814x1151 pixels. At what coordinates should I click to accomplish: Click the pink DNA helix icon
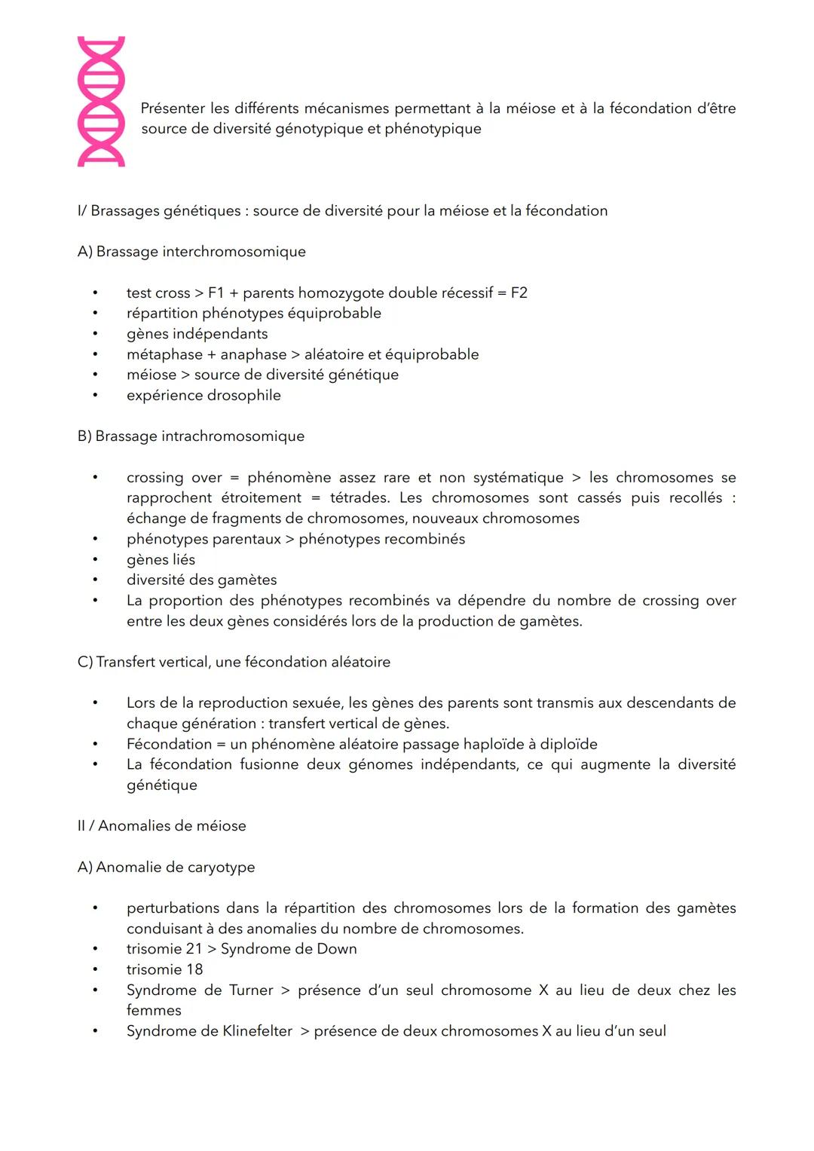[101, 102]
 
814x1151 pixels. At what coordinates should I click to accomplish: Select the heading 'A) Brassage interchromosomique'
[191, 252]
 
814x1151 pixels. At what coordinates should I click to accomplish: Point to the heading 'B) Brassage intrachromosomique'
[191, 436]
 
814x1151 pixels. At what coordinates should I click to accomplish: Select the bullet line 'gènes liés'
[161, 560]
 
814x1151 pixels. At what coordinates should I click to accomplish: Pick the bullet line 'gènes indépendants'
[197, 334]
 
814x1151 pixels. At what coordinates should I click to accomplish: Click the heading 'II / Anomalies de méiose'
[161, 826]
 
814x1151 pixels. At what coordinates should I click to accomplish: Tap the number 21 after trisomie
[194, 949]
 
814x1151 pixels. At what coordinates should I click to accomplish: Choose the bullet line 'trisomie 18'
[164, 970]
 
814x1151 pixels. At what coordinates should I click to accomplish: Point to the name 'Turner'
[251, 990]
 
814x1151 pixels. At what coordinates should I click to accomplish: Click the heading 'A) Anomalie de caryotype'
[166, 868]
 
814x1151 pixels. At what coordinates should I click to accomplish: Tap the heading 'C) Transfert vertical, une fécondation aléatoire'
[234, 663]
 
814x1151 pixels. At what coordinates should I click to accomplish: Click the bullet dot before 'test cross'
[96, 292]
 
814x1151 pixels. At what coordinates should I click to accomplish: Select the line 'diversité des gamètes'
[201, 580]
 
